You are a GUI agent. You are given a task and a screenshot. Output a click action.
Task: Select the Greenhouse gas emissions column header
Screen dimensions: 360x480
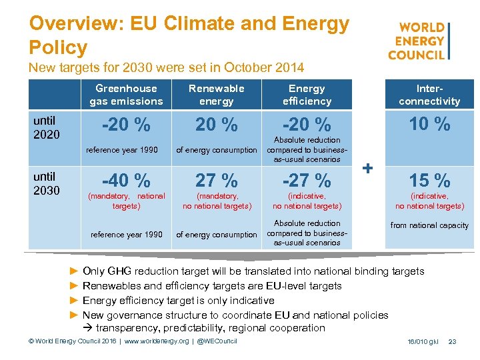[126, 95]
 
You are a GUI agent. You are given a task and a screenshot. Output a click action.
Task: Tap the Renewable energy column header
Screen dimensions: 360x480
[216, 95]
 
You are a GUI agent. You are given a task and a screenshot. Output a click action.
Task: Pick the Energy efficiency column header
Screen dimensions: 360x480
[307, 95]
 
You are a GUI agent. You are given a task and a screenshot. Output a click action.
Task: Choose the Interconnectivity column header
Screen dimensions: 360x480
[429, 95]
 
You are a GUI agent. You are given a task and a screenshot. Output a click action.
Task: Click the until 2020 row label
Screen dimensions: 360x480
[46, 127]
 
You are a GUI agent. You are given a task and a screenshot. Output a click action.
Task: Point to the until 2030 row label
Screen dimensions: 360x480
[46, 183]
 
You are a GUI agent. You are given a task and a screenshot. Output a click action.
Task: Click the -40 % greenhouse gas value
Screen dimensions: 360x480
[126, 180]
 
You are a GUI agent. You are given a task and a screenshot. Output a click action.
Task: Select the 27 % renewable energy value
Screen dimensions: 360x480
[216, 180]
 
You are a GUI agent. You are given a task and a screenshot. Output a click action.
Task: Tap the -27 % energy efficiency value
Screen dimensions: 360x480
[307, 180]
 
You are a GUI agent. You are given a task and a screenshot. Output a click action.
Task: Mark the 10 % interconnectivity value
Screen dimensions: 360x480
[429, 124]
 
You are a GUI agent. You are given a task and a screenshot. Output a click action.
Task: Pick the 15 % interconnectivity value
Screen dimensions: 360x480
[429, 180]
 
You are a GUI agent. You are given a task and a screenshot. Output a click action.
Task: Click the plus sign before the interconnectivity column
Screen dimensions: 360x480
[367, 169]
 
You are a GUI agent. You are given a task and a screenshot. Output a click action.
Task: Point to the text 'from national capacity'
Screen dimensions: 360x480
[429, 225]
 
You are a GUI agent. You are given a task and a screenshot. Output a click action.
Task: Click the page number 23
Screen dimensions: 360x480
[453, 341]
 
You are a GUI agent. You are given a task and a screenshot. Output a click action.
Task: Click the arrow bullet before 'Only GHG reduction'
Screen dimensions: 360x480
[73, 271]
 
